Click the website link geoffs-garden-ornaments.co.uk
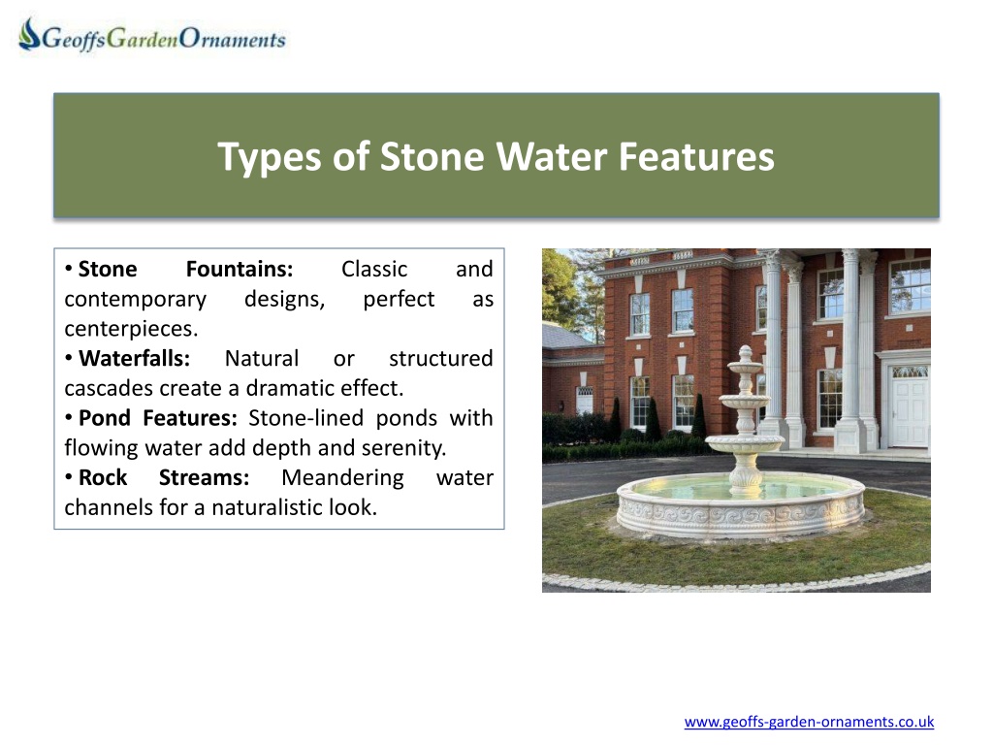(x=809, y=722)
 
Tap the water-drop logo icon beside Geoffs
(x=29, y=34)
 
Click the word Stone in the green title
(x=432, y=156)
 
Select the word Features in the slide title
(x=696, y=156)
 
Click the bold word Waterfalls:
(x=134, y=359)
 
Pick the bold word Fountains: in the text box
(x=240, y=270)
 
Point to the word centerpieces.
(x=131, y=329)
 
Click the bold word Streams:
(x=204, y=477)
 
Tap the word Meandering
(x=342, y=477)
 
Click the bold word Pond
(x=105, y=418)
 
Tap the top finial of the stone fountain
(x=746, y=351)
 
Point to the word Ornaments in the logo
(x=233, y=39)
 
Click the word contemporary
(x=136, y=299)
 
